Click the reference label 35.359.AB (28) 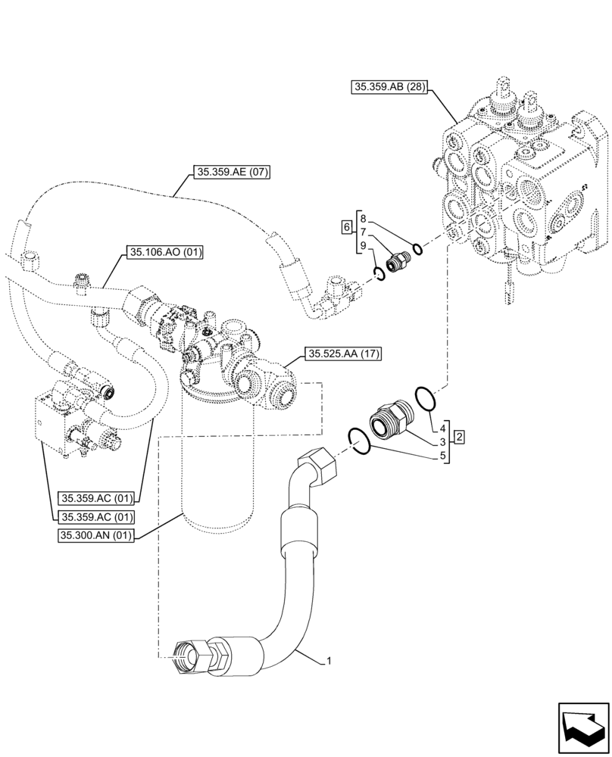point(390,87)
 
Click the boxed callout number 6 point(346,227)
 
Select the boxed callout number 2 point(460,438)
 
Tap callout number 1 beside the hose point(329,661)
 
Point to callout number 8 point(364,217)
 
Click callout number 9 point(364,246)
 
